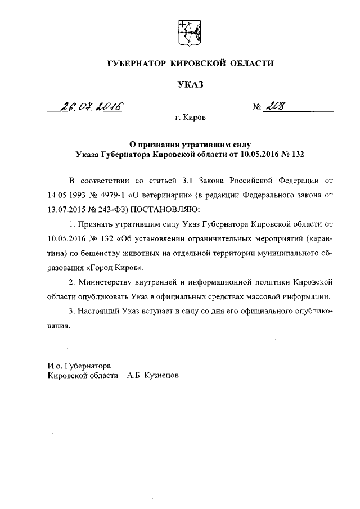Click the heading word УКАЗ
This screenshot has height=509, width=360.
click(x=190, y=85)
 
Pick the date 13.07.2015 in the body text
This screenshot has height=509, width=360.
click(x=66, y=210)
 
